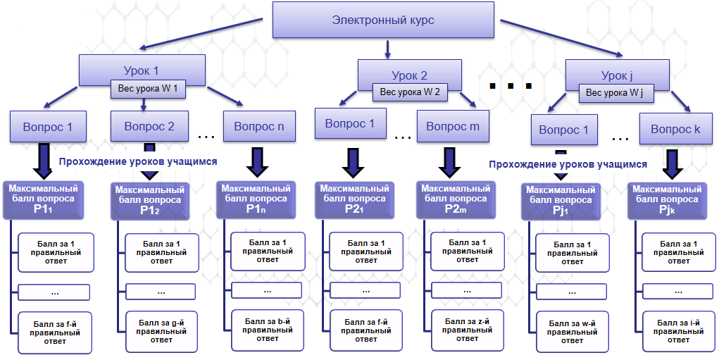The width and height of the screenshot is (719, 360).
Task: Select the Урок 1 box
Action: coord(141,70)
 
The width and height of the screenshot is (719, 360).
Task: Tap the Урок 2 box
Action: coord(408,74)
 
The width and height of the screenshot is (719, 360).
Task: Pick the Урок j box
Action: coord(617,74)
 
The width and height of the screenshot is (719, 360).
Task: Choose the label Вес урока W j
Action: coord(614,92)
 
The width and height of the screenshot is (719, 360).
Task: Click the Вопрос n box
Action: coord(259,127)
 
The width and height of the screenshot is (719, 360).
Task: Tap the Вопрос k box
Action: coord(675,130)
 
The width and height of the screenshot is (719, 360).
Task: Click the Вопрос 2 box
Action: coord(149,127)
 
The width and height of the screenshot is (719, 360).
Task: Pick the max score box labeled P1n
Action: coord(256,199)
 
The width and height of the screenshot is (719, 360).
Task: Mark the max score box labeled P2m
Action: coord(453,199)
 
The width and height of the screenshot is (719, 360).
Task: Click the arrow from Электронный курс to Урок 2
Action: coord(387,48)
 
